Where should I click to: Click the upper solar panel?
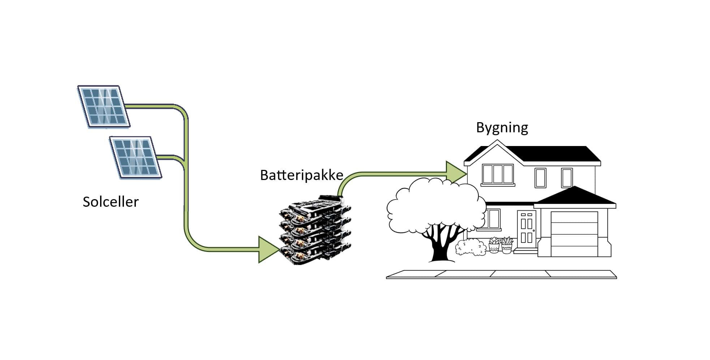click(104, 106)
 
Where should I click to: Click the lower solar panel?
click(135, 157)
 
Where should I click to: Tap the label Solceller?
click(111, 202)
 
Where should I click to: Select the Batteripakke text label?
click(301, 175)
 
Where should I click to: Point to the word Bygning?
click(502, 128)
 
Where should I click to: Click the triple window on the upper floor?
click(498, 174)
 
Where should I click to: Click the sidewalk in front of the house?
click(501, 274)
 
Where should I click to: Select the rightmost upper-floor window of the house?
click(567, 178)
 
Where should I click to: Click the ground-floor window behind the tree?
click(492, 219)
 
